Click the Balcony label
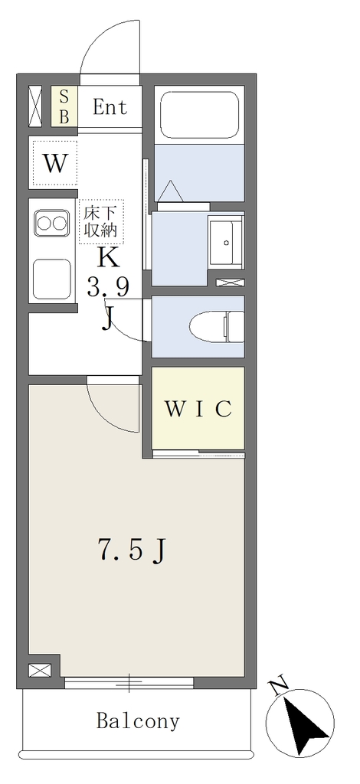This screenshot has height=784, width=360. pyautogui.click(x=138, y=721)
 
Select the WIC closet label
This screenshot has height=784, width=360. pyautogui.click(x=198, y=409)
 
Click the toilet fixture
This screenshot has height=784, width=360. pyautogui.click(x=217, y=326)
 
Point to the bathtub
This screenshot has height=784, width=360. pyautogui.click(x=199, y=113)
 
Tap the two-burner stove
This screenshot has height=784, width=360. pyautogui.click(x=51, y=223)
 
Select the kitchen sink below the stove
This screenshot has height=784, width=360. pyautogui.click(x=51, y=279)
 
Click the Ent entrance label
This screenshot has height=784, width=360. pyautogui.click(x=110, y=106)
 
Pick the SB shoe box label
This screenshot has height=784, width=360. pyautogui.click(x=64, y=106)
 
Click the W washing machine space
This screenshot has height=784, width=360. pyautogui.click(x=55, y=164)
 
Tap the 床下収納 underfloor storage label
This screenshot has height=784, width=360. pyautogui.click(x=100, y=221)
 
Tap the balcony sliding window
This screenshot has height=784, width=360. pyautogui.click(x=129, y=682)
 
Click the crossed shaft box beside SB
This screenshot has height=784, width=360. pyautogui.click(x=36, y=106)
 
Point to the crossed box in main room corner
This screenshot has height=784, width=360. pyautogui.click(x=40, y=670)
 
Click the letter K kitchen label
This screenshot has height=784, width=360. pyautogui.click(x=108, y=257)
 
